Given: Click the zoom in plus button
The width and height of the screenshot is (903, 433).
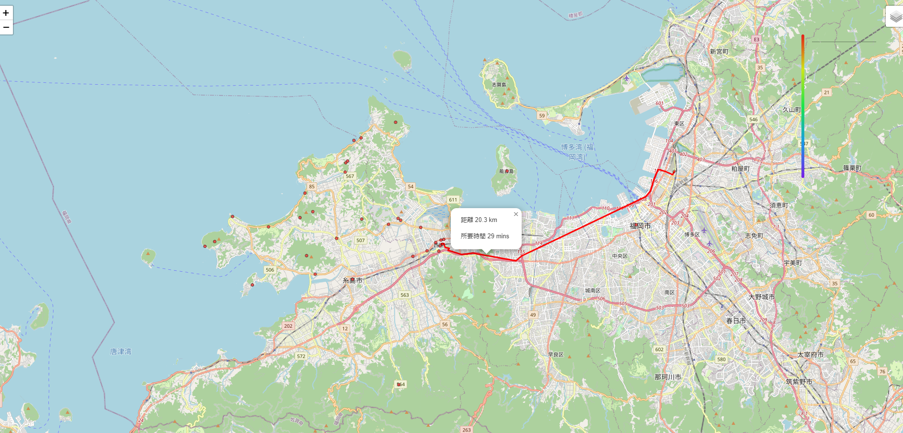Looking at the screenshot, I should tap(6, 13).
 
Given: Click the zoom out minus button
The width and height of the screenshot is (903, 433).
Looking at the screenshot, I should tap(6, 28).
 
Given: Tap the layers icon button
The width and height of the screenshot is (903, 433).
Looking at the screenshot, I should tap(895, 17).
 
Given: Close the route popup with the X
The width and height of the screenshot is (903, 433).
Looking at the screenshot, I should tap(516, 214).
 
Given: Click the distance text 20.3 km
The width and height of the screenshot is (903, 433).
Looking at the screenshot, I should tap(479, 220).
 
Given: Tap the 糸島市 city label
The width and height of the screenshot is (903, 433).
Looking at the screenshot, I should tap(352, 281).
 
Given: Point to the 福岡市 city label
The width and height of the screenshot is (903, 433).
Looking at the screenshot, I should tap(640, 226).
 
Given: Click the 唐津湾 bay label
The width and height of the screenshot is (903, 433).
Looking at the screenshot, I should tap(121, 352).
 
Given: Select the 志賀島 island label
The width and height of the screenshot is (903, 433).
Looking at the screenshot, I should tap(499, 85).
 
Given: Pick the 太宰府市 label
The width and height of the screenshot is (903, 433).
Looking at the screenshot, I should tap(810, 355).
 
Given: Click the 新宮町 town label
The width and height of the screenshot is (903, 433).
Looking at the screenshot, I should tap(719, 52).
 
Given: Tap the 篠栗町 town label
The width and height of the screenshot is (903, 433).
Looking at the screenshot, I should tap(852, 168).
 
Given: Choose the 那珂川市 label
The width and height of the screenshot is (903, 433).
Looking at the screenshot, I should tap(668, 377).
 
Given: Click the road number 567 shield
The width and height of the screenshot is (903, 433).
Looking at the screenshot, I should tap(350, 177).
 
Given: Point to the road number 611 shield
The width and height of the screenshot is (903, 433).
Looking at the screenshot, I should tap(453, 200).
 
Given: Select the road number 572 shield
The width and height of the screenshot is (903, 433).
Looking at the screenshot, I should tap(301, 356).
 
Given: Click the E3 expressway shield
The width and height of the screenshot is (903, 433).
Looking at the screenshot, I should tap(756, 40).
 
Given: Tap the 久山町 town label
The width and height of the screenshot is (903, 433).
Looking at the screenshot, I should tap(791, 110).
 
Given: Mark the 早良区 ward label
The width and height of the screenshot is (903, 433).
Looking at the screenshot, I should tap(556, 355).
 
